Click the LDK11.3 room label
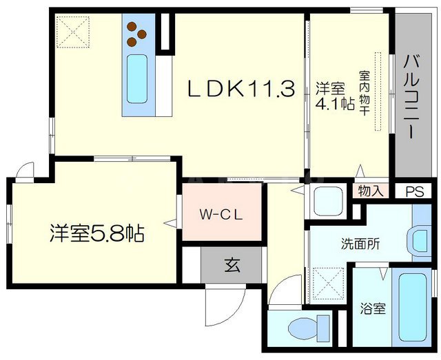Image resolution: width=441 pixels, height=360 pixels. point(242,89)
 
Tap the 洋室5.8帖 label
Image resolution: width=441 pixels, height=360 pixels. point(96,234)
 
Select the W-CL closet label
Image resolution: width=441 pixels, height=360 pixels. point(222,213)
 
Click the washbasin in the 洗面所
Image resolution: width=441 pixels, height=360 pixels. point(420,240)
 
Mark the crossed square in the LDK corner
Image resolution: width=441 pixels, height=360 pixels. point(73,31)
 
